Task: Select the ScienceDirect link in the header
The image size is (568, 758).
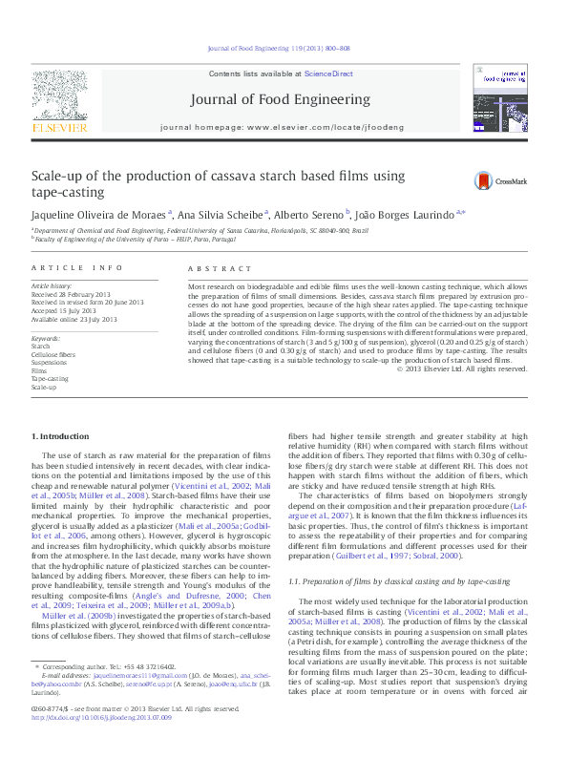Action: [328, 74]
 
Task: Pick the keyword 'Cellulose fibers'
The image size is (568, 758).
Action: [53, 354]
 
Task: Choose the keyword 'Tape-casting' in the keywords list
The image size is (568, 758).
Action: [51, 379]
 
